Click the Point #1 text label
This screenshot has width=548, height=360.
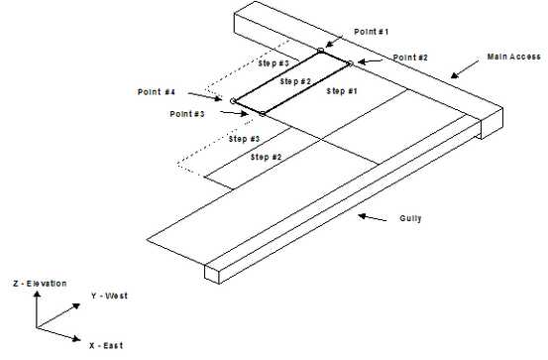pyautogui.click(x=373, y=32)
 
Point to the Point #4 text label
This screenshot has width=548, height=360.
pyautogui.click(x=157, y=91)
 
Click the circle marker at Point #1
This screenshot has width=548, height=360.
pyautogui.click(x=320, y=51)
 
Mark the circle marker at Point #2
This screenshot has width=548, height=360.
pyautogui.click(x=350, y=63)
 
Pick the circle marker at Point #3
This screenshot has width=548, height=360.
pyautogui.click(x=263, y=113)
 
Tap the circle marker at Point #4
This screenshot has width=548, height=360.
pyautogui.click(x=233, y=100)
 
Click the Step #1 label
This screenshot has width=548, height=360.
pyautogui.click(x=341, y=91)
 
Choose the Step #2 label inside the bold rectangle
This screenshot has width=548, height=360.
pyautogui.click(x=295, y=80)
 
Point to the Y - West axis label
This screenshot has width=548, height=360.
pyautogui.click(x=108, y=296)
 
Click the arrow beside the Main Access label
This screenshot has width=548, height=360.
pyautogui.click(x=466, y=71)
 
